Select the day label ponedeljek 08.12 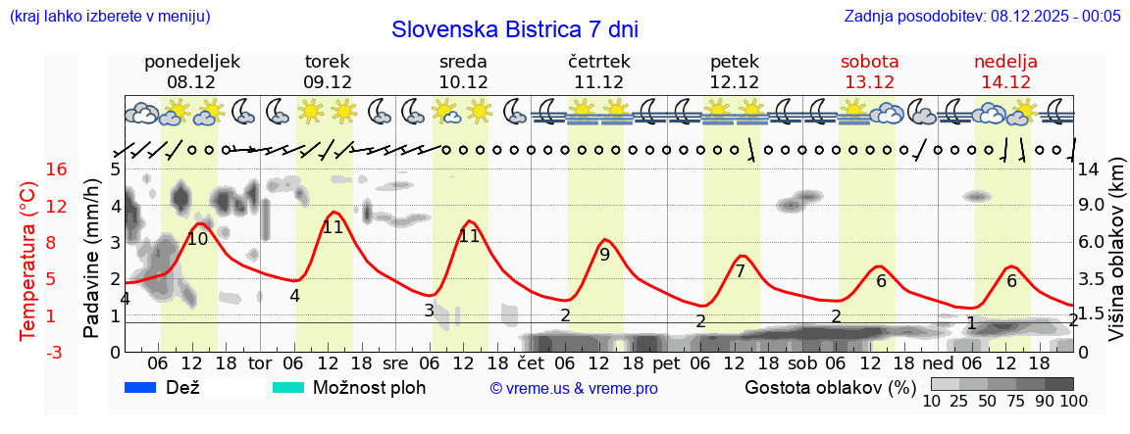pyautogui.click(x=192, y=72)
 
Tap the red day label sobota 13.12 pyautogui.click(x=869, y=72)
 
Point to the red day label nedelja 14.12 pyautogui.click(x=1005, y=72)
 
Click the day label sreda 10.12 pyautogui.click(x=463, y=72)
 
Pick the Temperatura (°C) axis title pyautogui.click(x=28, y=260)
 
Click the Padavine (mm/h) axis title pyautogui.click(x=91, y=259)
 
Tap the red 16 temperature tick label pyautogui.click(x=28, y=169)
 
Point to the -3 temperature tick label pyautogui.click(x=28, y=352)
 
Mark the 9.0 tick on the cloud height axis pyautogui.click(x=1092, y=206)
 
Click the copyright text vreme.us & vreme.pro pyautogui.click(x=574, y=388)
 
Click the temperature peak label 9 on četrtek pyautogui.click(x=604, y=255)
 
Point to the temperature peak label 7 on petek pyautogui.click(x=740, y=270)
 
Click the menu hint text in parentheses pyautogui.click(x=109, y=16)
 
